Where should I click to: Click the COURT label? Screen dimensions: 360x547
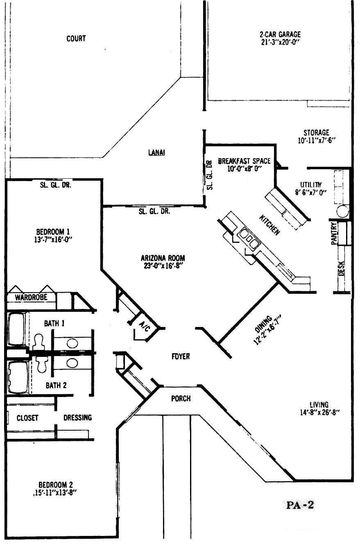(x=76, y=39)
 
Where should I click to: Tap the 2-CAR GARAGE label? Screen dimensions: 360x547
(x=280, y=34)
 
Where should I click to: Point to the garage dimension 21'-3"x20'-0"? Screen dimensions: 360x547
(x=280, y=42)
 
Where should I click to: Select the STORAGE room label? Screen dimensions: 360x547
(x=316, y=133)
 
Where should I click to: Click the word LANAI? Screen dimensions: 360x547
(x=156, y=152)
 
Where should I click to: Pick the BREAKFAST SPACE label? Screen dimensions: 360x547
(x=245, y=161)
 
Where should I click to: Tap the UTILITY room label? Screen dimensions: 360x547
(x=311, y=185)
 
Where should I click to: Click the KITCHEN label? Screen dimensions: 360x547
(x=269, y=225)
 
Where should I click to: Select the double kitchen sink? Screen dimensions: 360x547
(x=248, y=237)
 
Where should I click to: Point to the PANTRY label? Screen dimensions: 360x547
(x=334, y=234)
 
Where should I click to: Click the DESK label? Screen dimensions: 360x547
(x=341, y=268)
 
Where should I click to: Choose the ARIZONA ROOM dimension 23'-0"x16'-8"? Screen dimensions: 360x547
(x=163, y=266)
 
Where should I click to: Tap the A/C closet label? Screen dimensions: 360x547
(x=144, y=327)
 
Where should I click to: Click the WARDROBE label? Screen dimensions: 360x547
(x=31, y=297)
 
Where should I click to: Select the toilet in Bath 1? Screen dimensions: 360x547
(x=38, y=341)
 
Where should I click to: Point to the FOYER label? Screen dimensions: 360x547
(x=181, y=356)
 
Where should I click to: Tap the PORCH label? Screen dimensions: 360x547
(x=181, y=399)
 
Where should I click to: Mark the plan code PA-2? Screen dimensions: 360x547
(x=300, y=505)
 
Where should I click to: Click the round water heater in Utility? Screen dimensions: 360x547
(x=342, y=211)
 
